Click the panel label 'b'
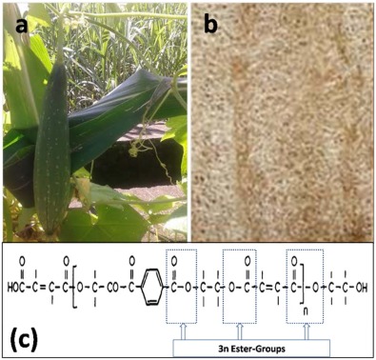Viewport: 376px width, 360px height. pyautogui.click(x=211, y=26)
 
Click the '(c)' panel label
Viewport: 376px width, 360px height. pyautogui.click(x=38, y=336)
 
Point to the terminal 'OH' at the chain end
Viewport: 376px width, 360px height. pyautogui.click(x=363, y=285)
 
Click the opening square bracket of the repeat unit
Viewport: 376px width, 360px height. pyautogui.click(x=80, y=285)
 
